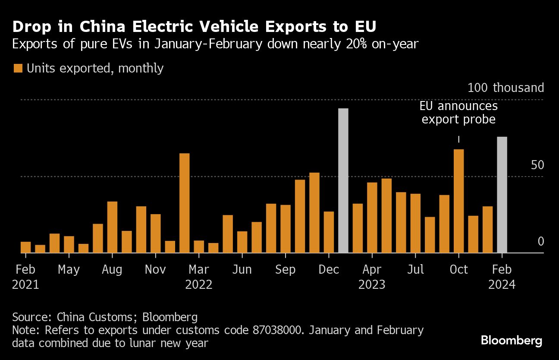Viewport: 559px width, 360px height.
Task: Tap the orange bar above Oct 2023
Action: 459,201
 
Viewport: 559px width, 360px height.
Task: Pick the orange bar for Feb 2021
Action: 26,247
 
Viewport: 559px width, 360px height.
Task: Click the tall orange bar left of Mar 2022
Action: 184,203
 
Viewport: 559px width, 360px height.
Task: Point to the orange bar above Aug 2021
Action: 112,227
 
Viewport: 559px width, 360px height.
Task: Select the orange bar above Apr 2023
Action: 372,218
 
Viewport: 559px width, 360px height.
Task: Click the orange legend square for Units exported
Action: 18,68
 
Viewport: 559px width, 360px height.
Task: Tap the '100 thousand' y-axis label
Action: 506,88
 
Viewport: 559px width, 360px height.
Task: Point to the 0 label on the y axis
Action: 540,242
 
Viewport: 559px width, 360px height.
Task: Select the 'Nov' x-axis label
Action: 155,270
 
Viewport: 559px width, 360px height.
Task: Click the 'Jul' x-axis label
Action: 415,270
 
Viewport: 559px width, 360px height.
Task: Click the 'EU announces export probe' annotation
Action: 459,113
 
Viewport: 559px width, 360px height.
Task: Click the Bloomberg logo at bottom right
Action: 511,341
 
